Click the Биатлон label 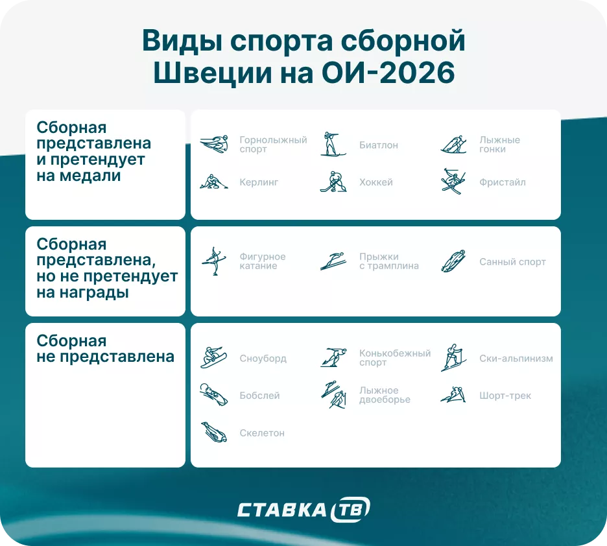[x=378, y=145]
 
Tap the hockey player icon [x=333, y=182]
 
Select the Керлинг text [x=259, y=182]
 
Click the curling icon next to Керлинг [x=213, y=182]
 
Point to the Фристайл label [x=502, y=182]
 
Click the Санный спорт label [x=512, y=262]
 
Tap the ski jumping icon [x=333, y=261]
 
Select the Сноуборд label [x=263, y=359]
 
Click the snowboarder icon [x=213, y=357]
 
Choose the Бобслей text [x=259, y=396]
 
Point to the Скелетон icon [x=213, y=433]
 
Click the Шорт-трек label [x=505, y=396]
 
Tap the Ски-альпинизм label [x=516, y=359]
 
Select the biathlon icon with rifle [x=330, y=144]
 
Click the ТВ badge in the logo [x=350, y=510]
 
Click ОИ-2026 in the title [x=388, y=73]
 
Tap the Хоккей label [x=376, y=182]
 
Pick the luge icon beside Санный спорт [x=453, y=261]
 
